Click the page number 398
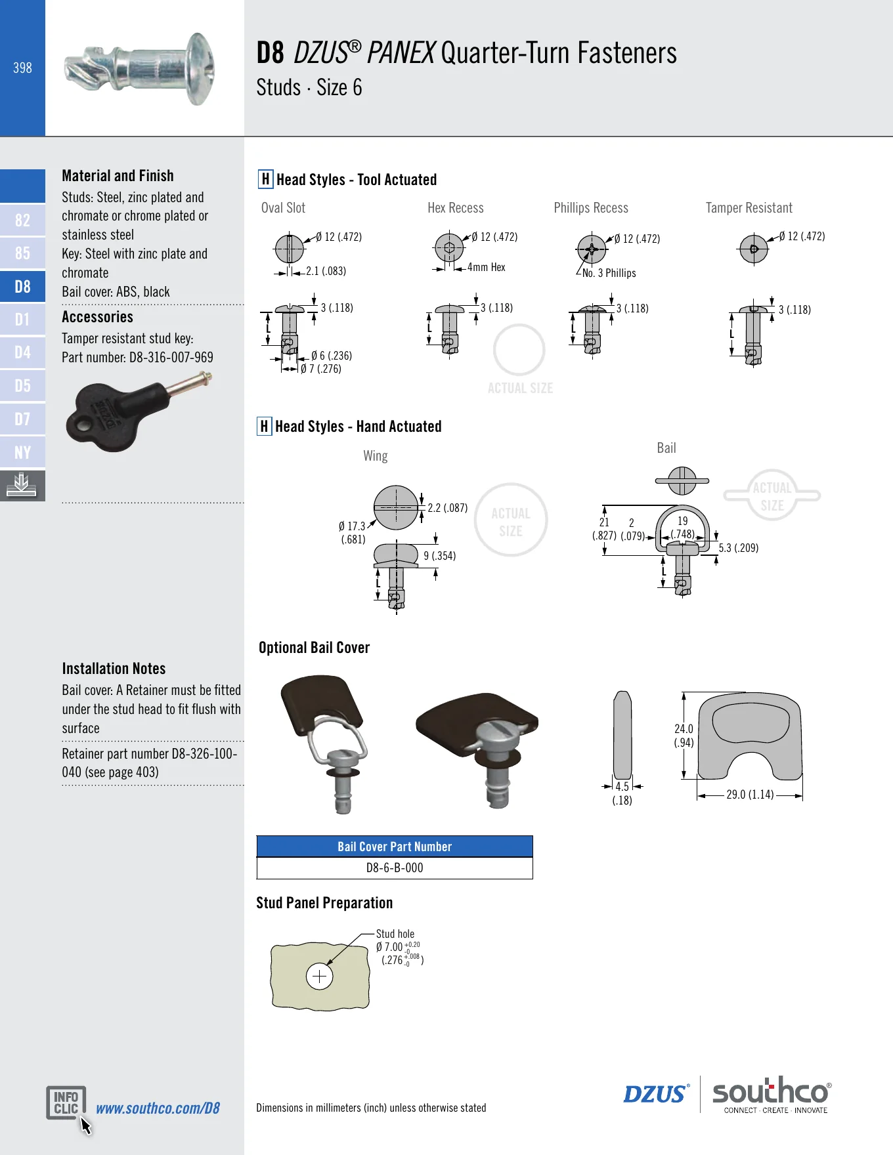click(22, 68)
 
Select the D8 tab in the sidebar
click(22, 286)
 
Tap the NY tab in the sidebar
click(22, 452)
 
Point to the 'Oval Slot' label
click(283, 208)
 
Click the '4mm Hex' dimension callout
click(487, 267)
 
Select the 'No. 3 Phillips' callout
click(609, 273)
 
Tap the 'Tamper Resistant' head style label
click(749, 208)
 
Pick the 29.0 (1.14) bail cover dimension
click(750, 795)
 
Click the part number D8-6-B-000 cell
click(395, 868)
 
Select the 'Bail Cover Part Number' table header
click(395, 847)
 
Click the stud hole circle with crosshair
click(320, 976)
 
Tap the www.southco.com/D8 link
click(158, 1108)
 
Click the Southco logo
click(772, 1094)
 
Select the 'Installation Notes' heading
click(114, 669)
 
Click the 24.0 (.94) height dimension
click(684, 736)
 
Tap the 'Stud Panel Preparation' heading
click(324, 903)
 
